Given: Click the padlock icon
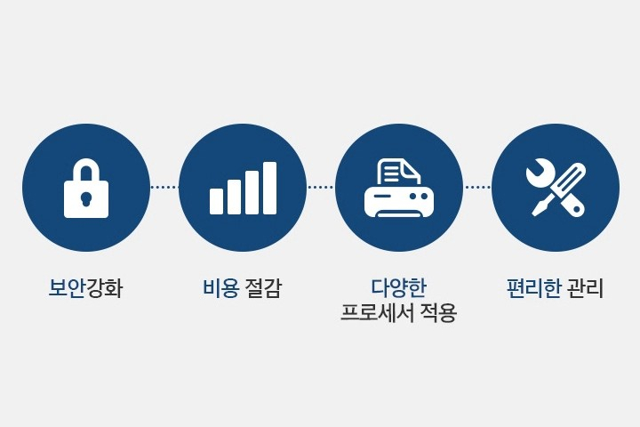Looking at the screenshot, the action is click(86, 188).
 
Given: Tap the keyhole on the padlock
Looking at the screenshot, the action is click(86, 198).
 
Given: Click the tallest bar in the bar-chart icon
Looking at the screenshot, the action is click(269, 188).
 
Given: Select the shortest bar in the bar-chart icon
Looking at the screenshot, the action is click(216, 201).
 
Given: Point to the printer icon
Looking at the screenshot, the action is click(399, 188).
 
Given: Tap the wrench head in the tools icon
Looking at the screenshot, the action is click(538, 173).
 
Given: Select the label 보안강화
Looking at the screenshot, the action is click(85, 288).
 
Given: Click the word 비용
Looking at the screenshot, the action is click(220, 287).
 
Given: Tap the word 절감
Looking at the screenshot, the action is click(263, 287).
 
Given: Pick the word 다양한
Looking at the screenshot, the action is click(398, 287).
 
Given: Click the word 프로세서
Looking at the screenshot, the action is click(377, 313).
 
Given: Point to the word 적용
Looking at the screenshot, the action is click(438, 313).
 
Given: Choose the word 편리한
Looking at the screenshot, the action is click(534, 287).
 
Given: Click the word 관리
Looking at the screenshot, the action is click(585, 287).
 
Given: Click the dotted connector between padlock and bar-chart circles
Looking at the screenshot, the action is click(164, 188).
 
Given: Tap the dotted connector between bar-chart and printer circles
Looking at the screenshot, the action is click(321, 188).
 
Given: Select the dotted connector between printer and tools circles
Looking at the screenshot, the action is click(477, 188).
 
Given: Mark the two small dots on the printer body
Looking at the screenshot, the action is click(419, 197).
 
